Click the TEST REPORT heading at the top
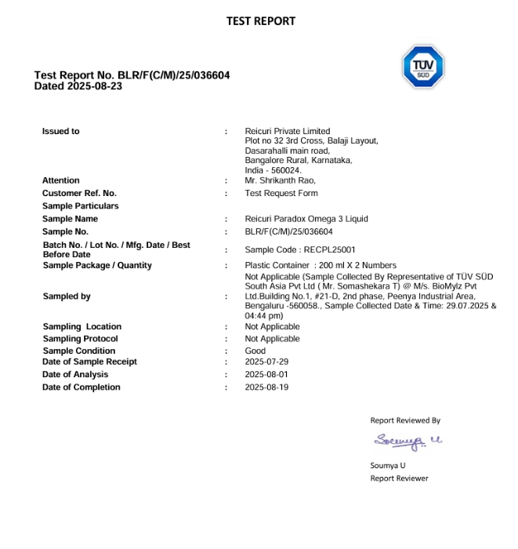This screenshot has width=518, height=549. tap(260, 21)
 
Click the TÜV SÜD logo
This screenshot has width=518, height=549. tap(423, 67)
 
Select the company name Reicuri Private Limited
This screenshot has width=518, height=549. tap(288, 131)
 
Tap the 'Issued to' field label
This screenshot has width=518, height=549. tap(60, 131)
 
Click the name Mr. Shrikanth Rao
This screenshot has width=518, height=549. tap(280, 180)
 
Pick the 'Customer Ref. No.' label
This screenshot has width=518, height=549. tap(79, 193)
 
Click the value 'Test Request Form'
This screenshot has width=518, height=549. tap(281, 193)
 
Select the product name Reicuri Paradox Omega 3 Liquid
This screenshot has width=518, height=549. tap(306, 219)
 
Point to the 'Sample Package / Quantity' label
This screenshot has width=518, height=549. tap(97, 265)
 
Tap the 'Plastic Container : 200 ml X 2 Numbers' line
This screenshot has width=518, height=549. tap(321, 265)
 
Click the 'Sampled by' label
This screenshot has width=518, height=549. tap(67, 296)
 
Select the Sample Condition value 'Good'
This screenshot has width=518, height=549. tap(255, 351)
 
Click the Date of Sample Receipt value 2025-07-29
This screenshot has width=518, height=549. tap(266, 362)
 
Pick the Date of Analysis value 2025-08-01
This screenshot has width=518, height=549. tap(266, 375)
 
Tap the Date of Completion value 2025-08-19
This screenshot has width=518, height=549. tap(266, 387)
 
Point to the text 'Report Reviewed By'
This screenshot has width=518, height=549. tap(405, 420)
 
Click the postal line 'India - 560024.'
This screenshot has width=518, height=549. tap(273, 170)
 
